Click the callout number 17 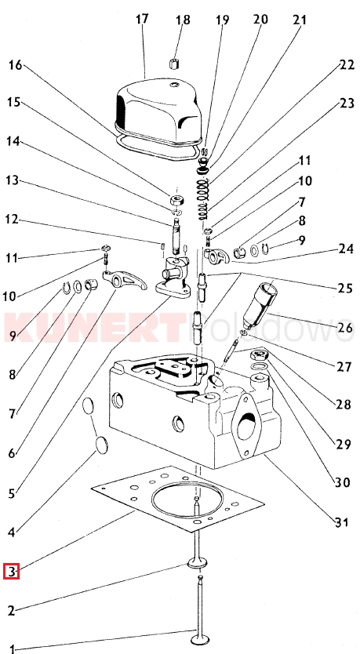coord(142,20)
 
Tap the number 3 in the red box coord(12,571)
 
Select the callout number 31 coord(341,521)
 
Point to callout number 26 coord(345,327)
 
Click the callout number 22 coord(347,65)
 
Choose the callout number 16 coord(15,66)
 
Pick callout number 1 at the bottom coord(12,649)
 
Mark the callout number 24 coord(346,249)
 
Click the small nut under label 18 coord(173,64)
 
